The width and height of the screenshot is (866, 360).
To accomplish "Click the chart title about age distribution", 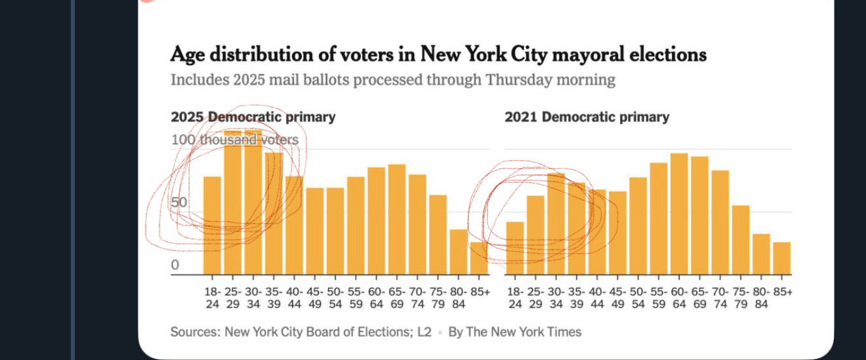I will pos(438,54).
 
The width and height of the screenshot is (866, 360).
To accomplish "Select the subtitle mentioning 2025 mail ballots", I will pos(392,80).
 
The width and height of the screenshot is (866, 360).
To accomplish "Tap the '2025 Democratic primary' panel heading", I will pos(253,117).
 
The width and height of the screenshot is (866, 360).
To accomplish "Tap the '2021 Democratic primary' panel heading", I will pos(587,117).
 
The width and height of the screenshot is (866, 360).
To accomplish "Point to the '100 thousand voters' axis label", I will pos(234,140).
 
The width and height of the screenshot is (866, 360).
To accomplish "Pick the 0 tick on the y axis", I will pos(175,265).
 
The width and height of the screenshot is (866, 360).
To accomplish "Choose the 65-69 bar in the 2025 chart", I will pos(397,219).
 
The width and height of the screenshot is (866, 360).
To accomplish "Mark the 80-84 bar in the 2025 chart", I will pos(459,252).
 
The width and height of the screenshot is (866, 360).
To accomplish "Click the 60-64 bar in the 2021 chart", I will pos(679,214).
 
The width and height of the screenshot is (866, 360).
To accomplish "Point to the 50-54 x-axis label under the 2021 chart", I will pos(638,298).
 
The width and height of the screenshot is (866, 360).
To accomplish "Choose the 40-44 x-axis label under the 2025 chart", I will pos(294,298).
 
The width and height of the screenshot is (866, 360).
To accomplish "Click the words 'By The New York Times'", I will pos(514,332).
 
